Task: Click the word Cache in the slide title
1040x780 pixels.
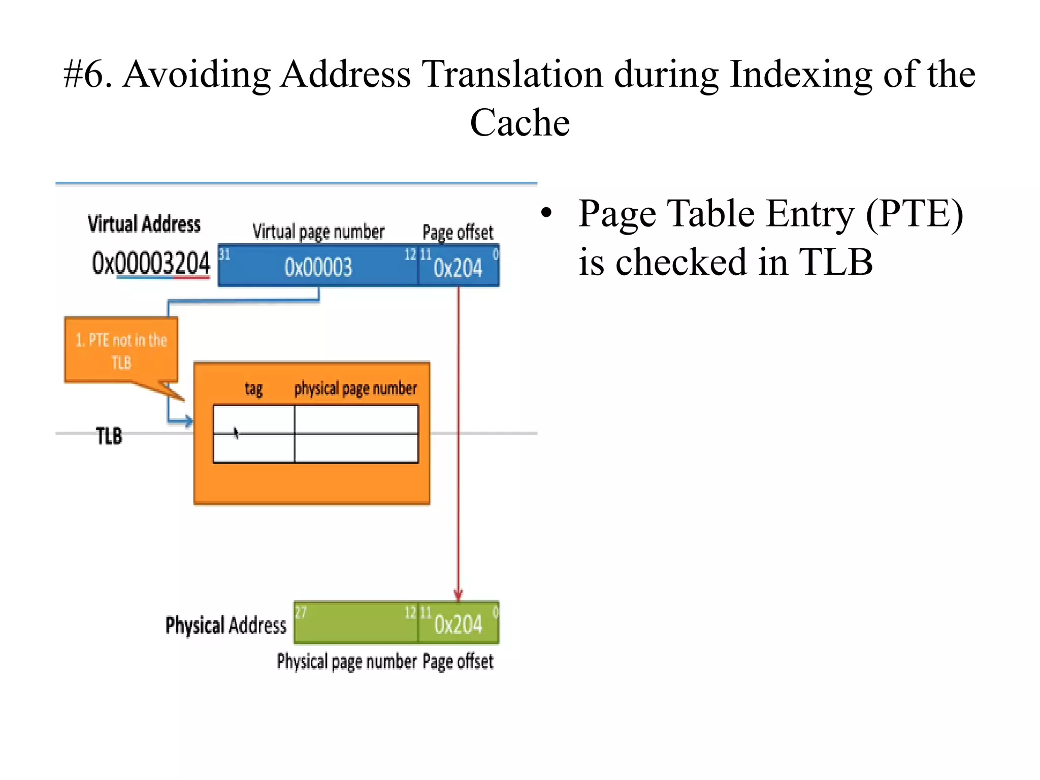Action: pyautogui.click(x=519, y=123)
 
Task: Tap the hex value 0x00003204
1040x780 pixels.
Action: pyautogui.click(x=151, y=263)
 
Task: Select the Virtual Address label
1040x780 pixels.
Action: pyautogui.click(x=144, y=224)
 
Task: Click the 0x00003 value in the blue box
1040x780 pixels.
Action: pyautogui.click(x=318, y=267)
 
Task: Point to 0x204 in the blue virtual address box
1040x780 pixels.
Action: pyautogui.click(x=458, y=268)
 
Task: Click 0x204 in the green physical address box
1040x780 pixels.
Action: pyautogui.click(x=458, y=624)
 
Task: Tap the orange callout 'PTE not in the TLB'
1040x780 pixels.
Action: pyautogui.click(x=121, y=350)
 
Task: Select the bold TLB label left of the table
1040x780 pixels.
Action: pyautogui.click(x=109, y=436)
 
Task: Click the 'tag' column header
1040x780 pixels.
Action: pyautogui.click(x=253, y=389)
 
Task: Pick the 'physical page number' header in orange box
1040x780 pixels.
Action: pyautogui.click(x=355, y=389)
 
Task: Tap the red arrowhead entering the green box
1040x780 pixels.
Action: pyautogui.click(x=458, y=596)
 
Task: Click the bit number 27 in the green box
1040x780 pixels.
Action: pyautogui.click(x=301, y=612)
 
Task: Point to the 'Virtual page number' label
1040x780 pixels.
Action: pyautogui.click(x=318, y=232)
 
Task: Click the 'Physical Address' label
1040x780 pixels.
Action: pyautogui.click(x=226, y=625)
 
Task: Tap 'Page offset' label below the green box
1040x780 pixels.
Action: pyautogui.click(x=458, y=662)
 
